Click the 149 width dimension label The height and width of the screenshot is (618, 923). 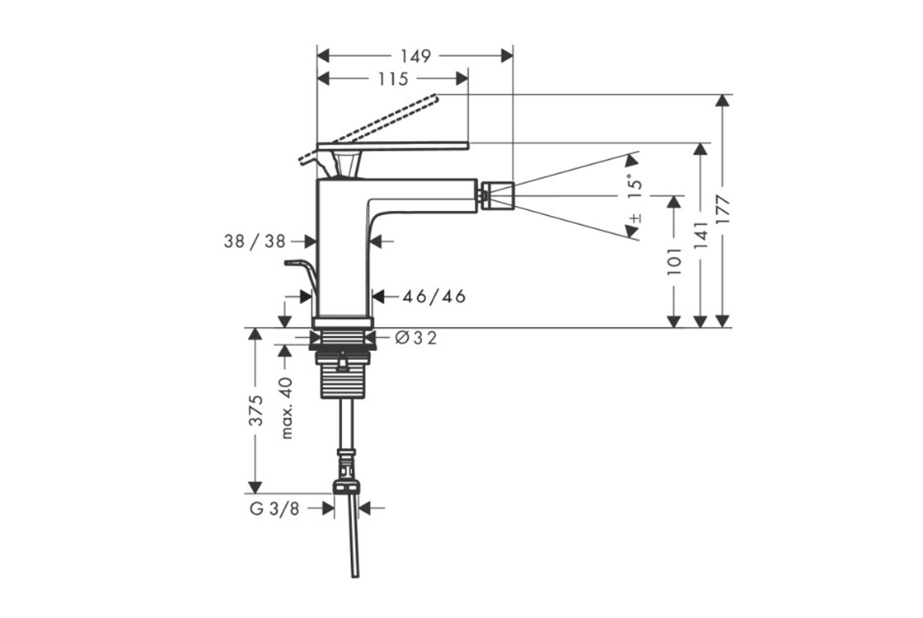coord(415,56)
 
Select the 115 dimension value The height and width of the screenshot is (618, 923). coord(392,78)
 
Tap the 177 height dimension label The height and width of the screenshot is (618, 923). coord(722,209)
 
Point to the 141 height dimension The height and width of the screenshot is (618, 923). coord(700,235)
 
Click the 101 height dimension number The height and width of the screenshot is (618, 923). coord(674,261)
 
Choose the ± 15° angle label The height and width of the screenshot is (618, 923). coord(635,198)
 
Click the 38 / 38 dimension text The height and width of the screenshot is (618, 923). coord(255,241)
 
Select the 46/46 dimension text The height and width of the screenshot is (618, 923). coord(433,296)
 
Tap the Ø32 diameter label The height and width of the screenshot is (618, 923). coord(415,338)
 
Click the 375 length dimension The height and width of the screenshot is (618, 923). coord(255,410)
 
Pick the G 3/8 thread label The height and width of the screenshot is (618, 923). coord(274,508)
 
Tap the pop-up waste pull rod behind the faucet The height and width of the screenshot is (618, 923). coord(302,277)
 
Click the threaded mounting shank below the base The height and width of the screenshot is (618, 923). coord(343,374)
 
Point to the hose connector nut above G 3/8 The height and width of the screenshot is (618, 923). coord(346,486)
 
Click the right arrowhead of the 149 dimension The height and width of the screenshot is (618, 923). coord(506,56)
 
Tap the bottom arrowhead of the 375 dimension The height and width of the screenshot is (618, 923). coord(255,487)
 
